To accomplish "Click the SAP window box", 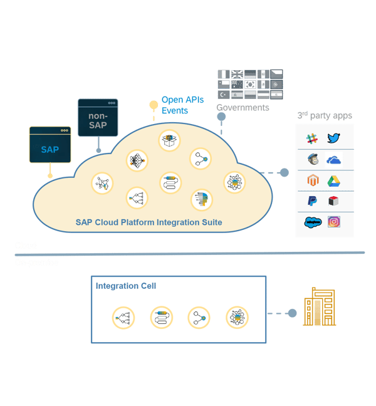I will [x=50, y=149].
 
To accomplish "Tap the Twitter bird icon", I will [x=333, y=138].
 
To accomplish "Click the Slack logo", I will [x=312, y=138].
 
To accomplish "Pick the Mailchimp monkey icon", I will [x=313, y=159].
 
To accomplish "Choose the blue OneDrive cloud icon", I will [x=333, y=160].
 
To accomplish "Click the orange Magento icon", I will [x=313, y=180].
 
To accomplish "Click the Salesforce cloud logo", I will [x=312, y=222].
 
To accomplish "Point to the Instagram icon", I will [x=333, y=222].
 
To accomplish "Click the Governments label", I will [x=243, y=108].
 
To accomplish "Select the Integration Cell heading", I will [x=126, y=286].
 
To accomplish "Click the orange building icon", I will [x=319, y=307].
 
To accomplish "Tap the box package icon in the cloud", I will [x=169, y=140].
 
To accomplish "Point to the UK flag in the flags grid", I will [x=237, y=74].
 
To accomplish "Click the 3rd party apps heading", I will [x=325, y=116].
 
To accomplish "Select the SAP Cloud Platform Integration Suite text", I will [x=149, y=222].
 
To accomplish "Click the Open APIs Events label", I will [x=182, y=105].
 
